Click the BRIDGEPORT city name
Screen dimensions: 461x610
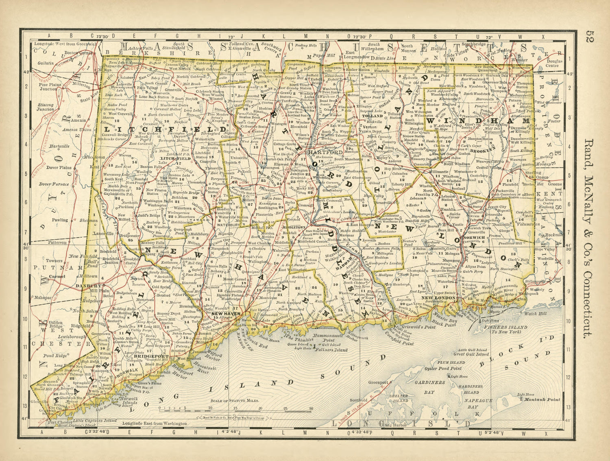pyautogui.click(x=148, y=356)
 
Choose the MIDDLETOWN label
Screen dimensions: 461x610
pyautogui.click(x=294, y=226)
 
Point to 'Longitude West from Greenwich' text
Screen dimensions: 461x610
pyautogui.click(x=65, y=43)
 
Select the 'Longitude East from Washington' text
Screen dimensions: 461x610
pyautogui.click(x=154, y=423)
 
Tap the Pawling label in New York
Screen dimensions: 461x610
pyautogui.click(x=60, y=220)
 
